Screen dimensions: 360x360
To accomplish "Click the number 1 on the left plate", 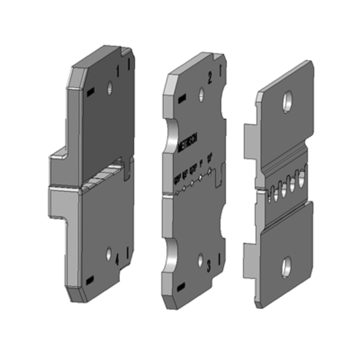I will [118, 71].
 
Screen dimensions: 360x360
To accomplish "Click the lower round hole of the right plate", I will [286, 268].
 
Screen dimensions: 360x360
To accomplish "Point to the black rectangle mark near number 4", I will [90, 279].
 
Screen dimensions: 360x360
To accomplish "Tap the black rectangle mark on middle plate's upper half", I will [182, 98].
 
